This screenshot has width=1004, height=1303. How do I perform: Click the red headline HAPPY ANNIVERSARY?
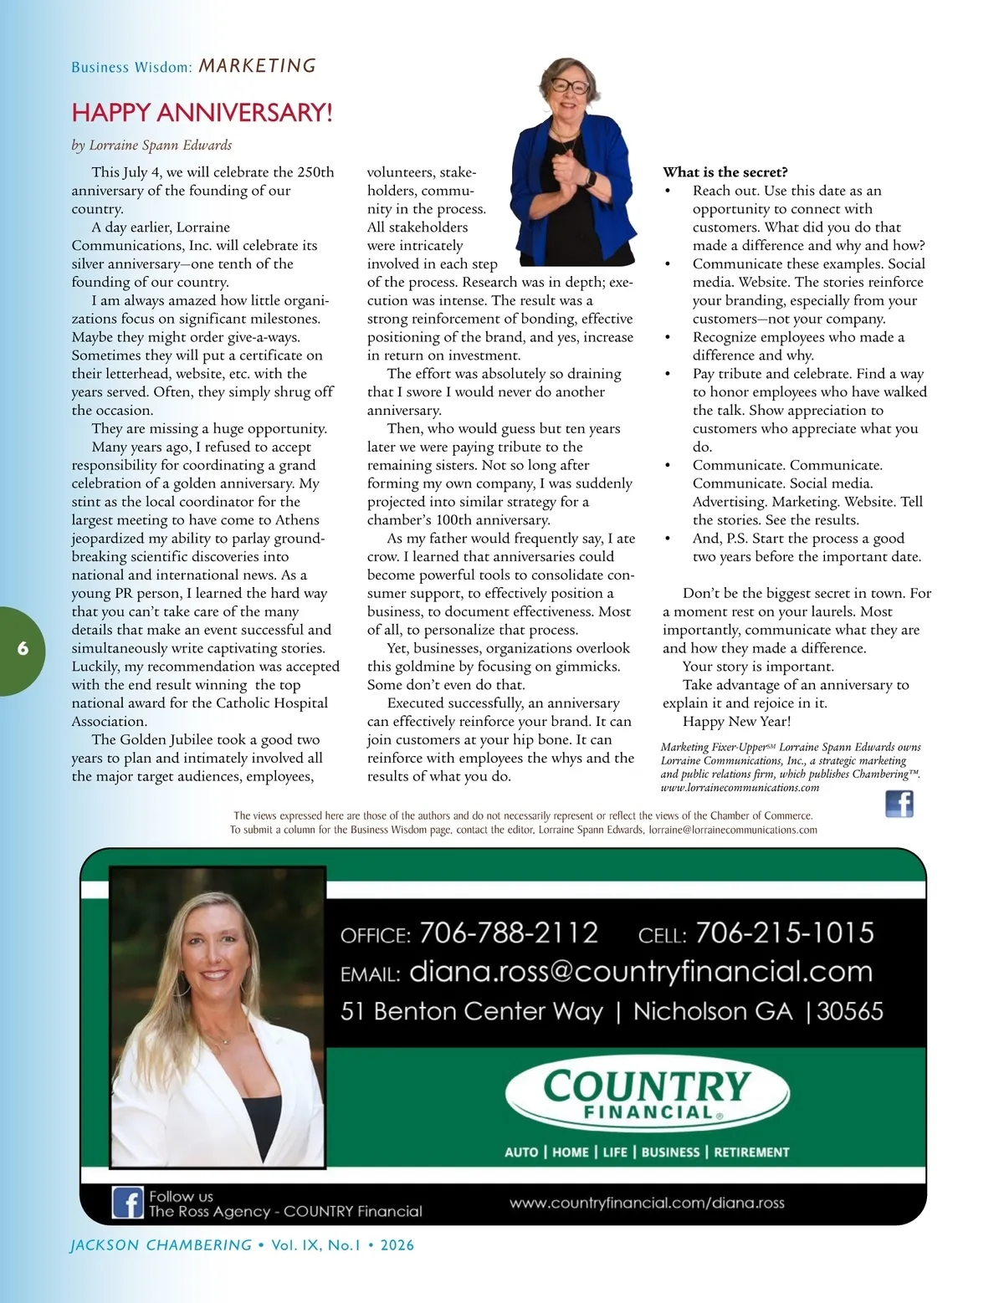coord(202,112)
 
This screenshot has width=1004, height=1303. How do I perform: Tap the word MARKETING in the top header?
coord(258,66)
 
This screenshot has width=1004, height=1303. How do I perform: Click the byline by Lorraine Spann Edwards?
coord(151,145)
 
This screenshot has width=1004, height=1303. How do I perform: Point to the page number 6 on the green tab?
coord(23,648)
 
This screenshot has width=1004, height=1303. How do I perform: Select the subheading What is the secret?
coord(725,172)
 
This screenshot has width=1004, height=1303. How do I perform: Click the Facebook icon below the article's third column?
coord(899,804)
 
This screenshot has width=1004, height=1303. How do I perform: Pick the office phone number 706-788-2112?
coord(509,933)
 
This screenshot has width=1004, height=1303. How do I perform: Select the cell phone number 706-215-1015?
coord(784,933)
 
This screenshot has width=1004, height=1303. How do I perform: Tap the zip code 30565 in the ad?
coord(849,1011)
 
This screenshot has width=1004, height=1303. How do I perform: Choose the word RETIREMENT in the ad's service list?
coord(751,1152)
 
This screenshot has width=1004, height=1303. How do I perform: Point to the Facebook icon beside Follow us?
coord(128,1203)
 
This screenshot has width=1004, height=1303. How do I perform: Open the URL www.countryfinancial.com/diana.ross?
coord(647,1203)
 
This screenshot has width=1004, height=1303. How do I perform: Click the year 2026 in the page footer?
coord(397,1244)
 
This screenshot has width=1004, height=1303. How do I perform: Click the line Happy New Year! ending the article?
coord(736,721)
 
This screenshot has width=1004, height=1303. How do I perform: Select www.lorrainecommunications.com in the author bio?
coord(740,787)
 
